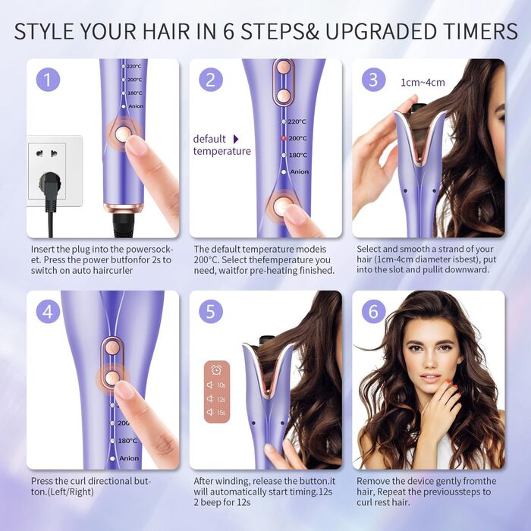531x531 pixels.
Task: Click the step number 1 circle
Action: point(48,80)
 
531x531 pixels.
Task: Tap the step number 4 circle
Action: point(48,311)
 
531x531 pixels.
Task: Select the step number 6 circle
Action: point(373,311)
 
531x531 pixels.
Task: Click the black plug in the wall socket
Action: point(50,184)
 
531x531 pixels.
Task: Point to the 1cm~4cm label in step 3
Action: point(423,82)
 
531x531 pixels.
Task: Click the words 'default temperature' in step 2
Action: point(222,145)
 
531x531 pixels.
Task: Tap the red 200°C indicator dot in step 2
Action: point(284,138)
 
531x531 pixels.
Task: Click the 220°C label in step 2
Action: point(297,121)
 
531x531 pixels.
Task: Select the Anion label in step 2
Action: point(300,171)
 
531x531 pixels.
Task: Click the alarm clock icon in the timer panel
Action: point(216,370)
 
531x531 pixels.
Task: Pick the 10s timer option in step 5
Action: point(216,385)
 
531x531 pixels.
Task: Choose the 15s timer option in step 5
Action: point(216,412)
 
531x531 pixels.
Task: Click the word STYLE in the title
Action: point(44,32)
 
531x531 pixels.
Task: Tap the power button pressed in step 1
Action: point(122,134)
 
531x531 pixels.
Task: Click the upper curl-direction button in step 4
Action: point(112,347)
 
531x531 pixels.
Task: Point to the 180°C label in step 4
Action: point(127,441)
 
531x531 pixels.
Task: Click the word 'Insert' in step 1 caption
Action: point(43,250)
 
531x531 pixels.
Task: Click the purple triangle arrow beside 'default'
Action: point(236,139)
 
